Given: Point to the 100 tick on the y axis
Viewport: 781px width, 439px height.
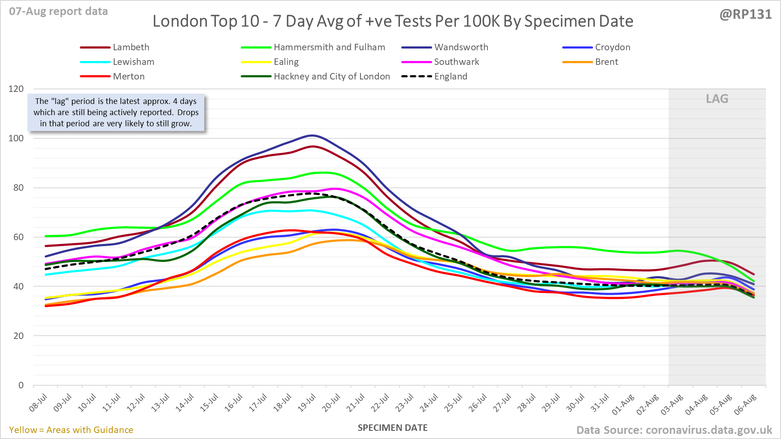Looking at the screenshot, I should coord(16,138).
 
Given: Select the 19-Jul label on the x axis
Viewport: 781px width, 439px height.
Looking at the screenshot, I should coord(307,403).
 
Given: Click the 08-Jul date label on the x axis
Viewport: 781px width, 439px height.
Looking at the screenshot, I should coord(38,403).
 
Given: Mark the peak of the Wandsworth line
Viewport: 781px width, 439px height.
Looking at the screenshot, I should coord(312,136).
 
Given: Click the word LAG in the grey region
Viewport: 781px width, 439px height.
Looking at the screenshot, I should coord(717,99).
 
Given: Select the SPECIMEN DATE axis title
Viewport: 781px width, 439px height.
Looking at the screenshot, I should coord(393,428).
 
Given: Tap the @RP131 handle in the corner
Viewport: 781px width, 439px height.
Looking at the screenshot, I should coord(745,15).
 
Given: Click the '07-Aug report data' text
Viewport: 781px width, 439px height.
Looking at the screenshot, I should coord(58,12).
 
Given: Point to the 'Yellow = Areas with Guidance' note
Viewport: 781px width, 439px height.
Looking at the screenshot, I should coord(71,430).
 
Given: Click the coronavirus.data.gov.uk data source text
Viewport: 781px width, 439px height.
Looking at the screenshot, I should coord(674,430).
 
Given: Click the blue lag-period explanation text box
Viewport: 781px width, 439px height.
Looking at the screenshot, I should coord(116,113).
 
